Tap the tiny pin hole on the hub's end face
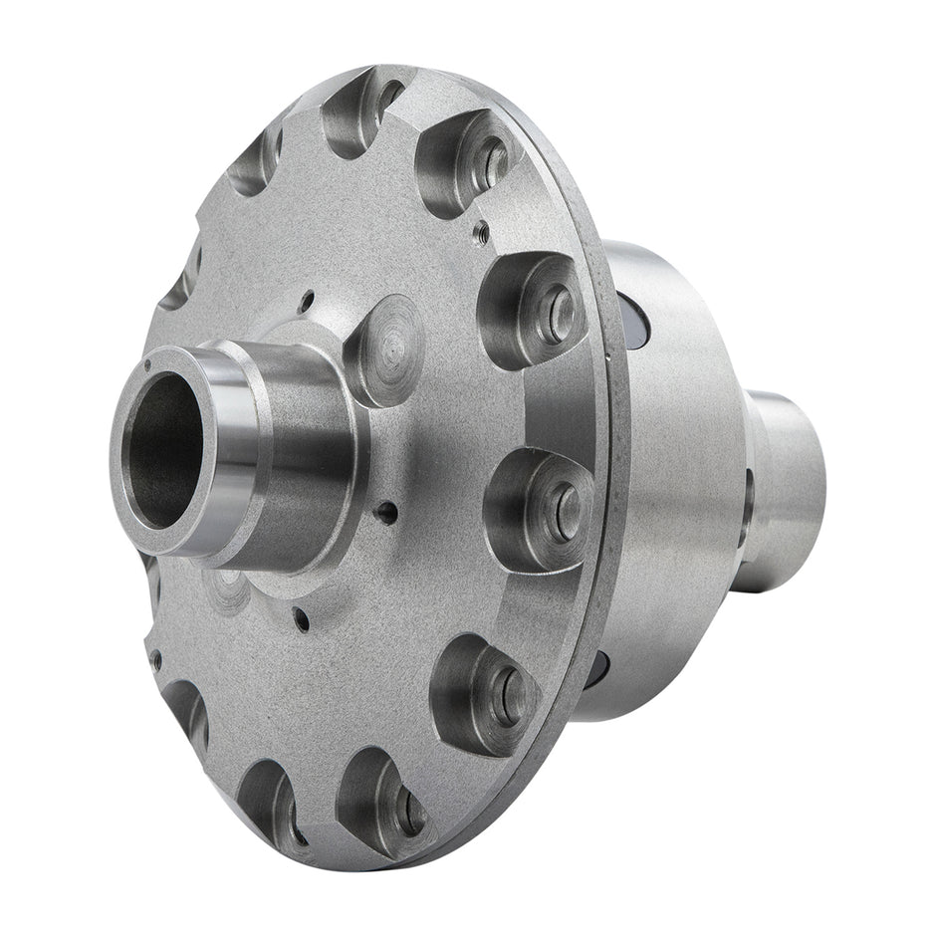coord(147,366)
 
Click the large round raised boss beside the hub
coord(386,349)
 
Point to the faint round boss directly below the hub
coord(231,587)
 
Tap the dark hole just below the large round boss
coord(385,512)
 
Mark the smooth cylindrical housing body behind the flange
coord(677,478)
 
